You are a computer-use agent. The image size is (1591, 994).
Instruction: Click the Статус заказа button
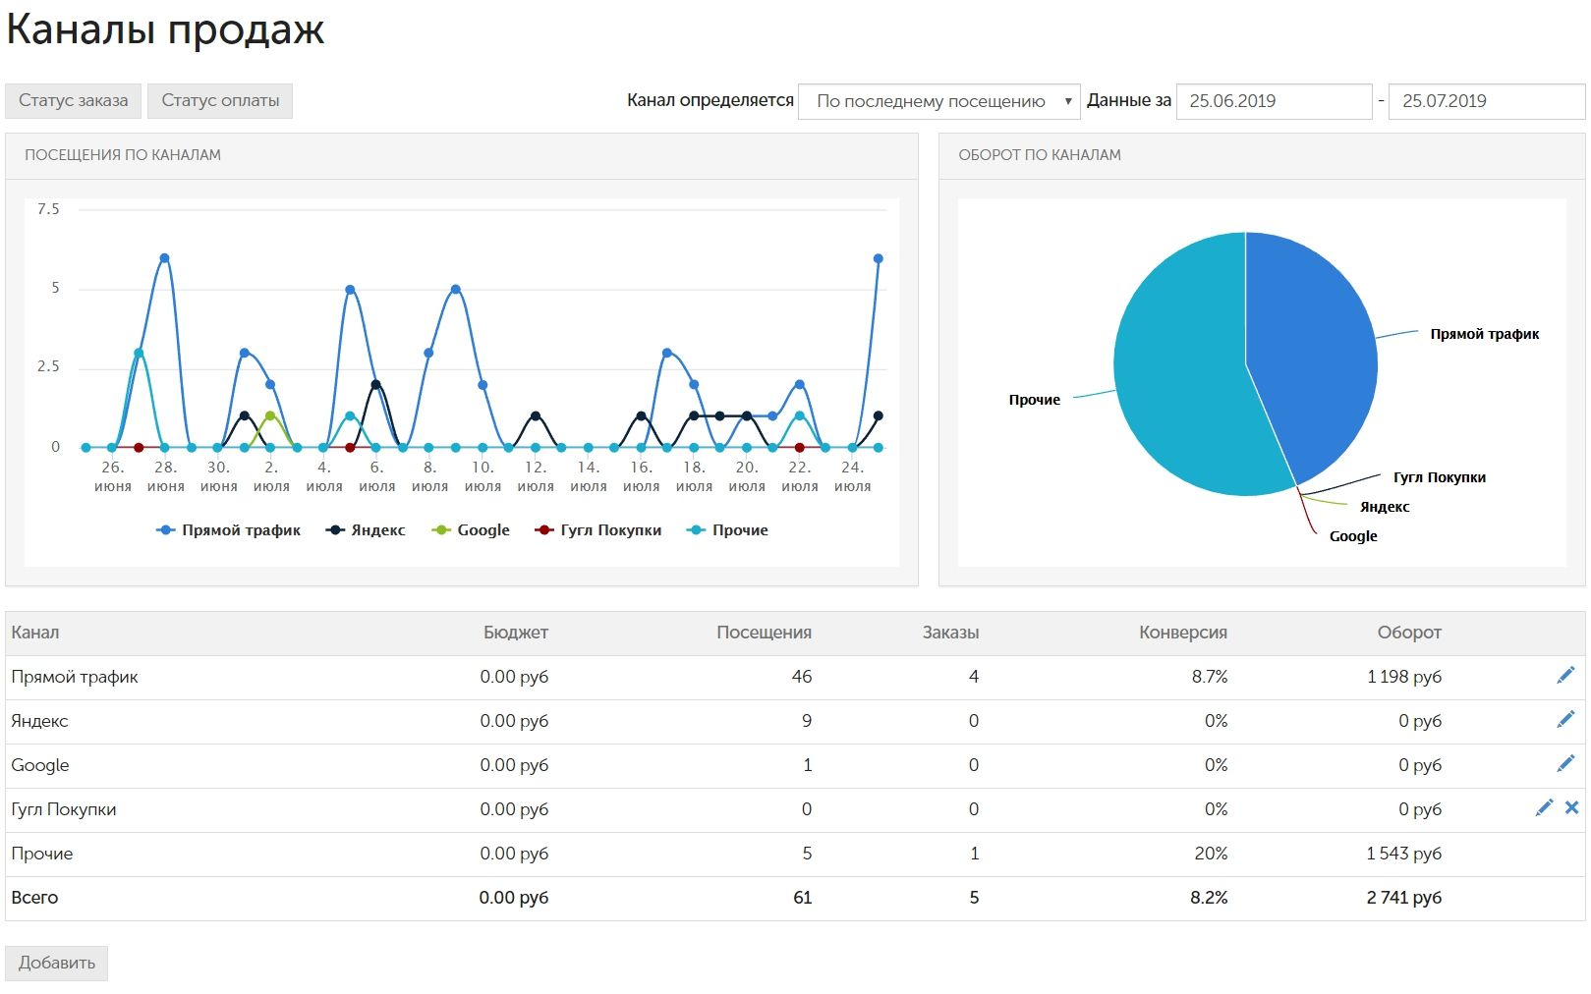coord(73,101)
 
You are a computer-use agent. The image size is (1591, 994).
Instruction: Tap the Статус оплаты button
coord(220,101)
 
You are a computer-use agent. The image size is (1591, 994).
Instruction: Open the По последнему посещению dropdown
coord(938,101)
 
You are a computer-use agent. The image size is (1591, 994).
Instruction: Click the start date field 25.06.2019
coord(1275,101)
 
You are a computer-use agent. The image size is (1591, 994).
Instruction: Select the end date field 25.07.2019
coord(1487,101)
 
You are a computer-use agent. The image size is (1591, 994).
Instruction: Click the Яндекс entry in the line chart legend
coord(366,530)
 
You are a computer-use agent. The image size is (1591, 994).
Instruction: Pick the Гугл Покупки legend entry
coord(598,530)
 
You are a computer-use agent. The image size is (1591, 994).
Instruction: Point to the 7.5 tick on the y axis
coord(48,209)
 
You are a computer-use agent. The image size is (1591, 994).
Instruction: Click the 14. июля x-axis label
coord(588,476)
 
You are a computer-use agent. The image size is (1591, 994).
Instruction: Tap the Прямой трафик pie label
coord(1485,334)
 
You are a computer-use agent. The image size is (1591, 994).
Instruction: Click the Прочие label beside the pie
coord(1034,400)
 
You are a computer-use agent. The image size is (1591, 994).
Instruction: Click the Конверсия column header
coord(1183,633)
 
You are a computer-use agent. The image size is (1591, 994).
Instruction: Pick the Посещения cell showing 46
coord(802,677)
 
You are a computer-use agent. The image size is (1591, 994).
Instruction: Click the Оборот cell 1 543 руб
coord(1404,854)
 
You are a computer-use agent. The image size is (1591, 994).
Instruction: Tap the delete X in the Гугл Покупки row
coord(1571,808)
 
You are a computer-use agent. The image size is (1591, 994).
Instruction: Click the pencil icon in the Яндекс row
coord(1565,720)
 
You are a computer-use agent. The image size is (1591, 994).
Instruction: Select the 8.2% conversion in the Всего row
coord(1209,898)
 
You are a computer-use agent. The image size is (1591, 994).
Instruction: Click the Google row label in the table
coord(40,765)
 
